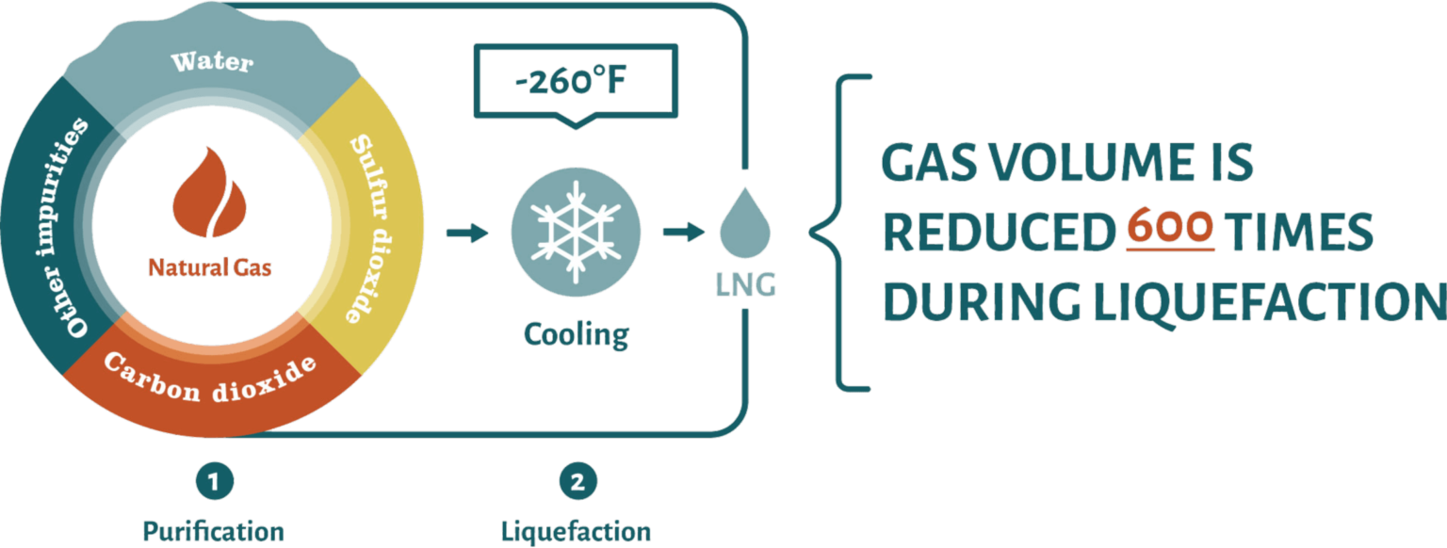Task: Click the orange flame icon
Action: pos(210,198)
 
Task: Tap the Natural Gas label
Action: pos(209,268)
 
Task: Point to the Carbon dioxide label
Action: pos(209,377)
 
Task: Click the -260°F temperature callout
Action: pos(571,81)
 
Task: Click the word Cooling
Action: pos(576,334)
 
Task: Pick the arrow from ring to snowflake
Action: pos(467,232)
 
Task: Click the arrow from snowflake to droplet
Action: pos(682,232)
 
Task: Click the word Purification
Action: pos(214,530)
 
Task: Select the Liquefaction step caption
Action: pos(576,530)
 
